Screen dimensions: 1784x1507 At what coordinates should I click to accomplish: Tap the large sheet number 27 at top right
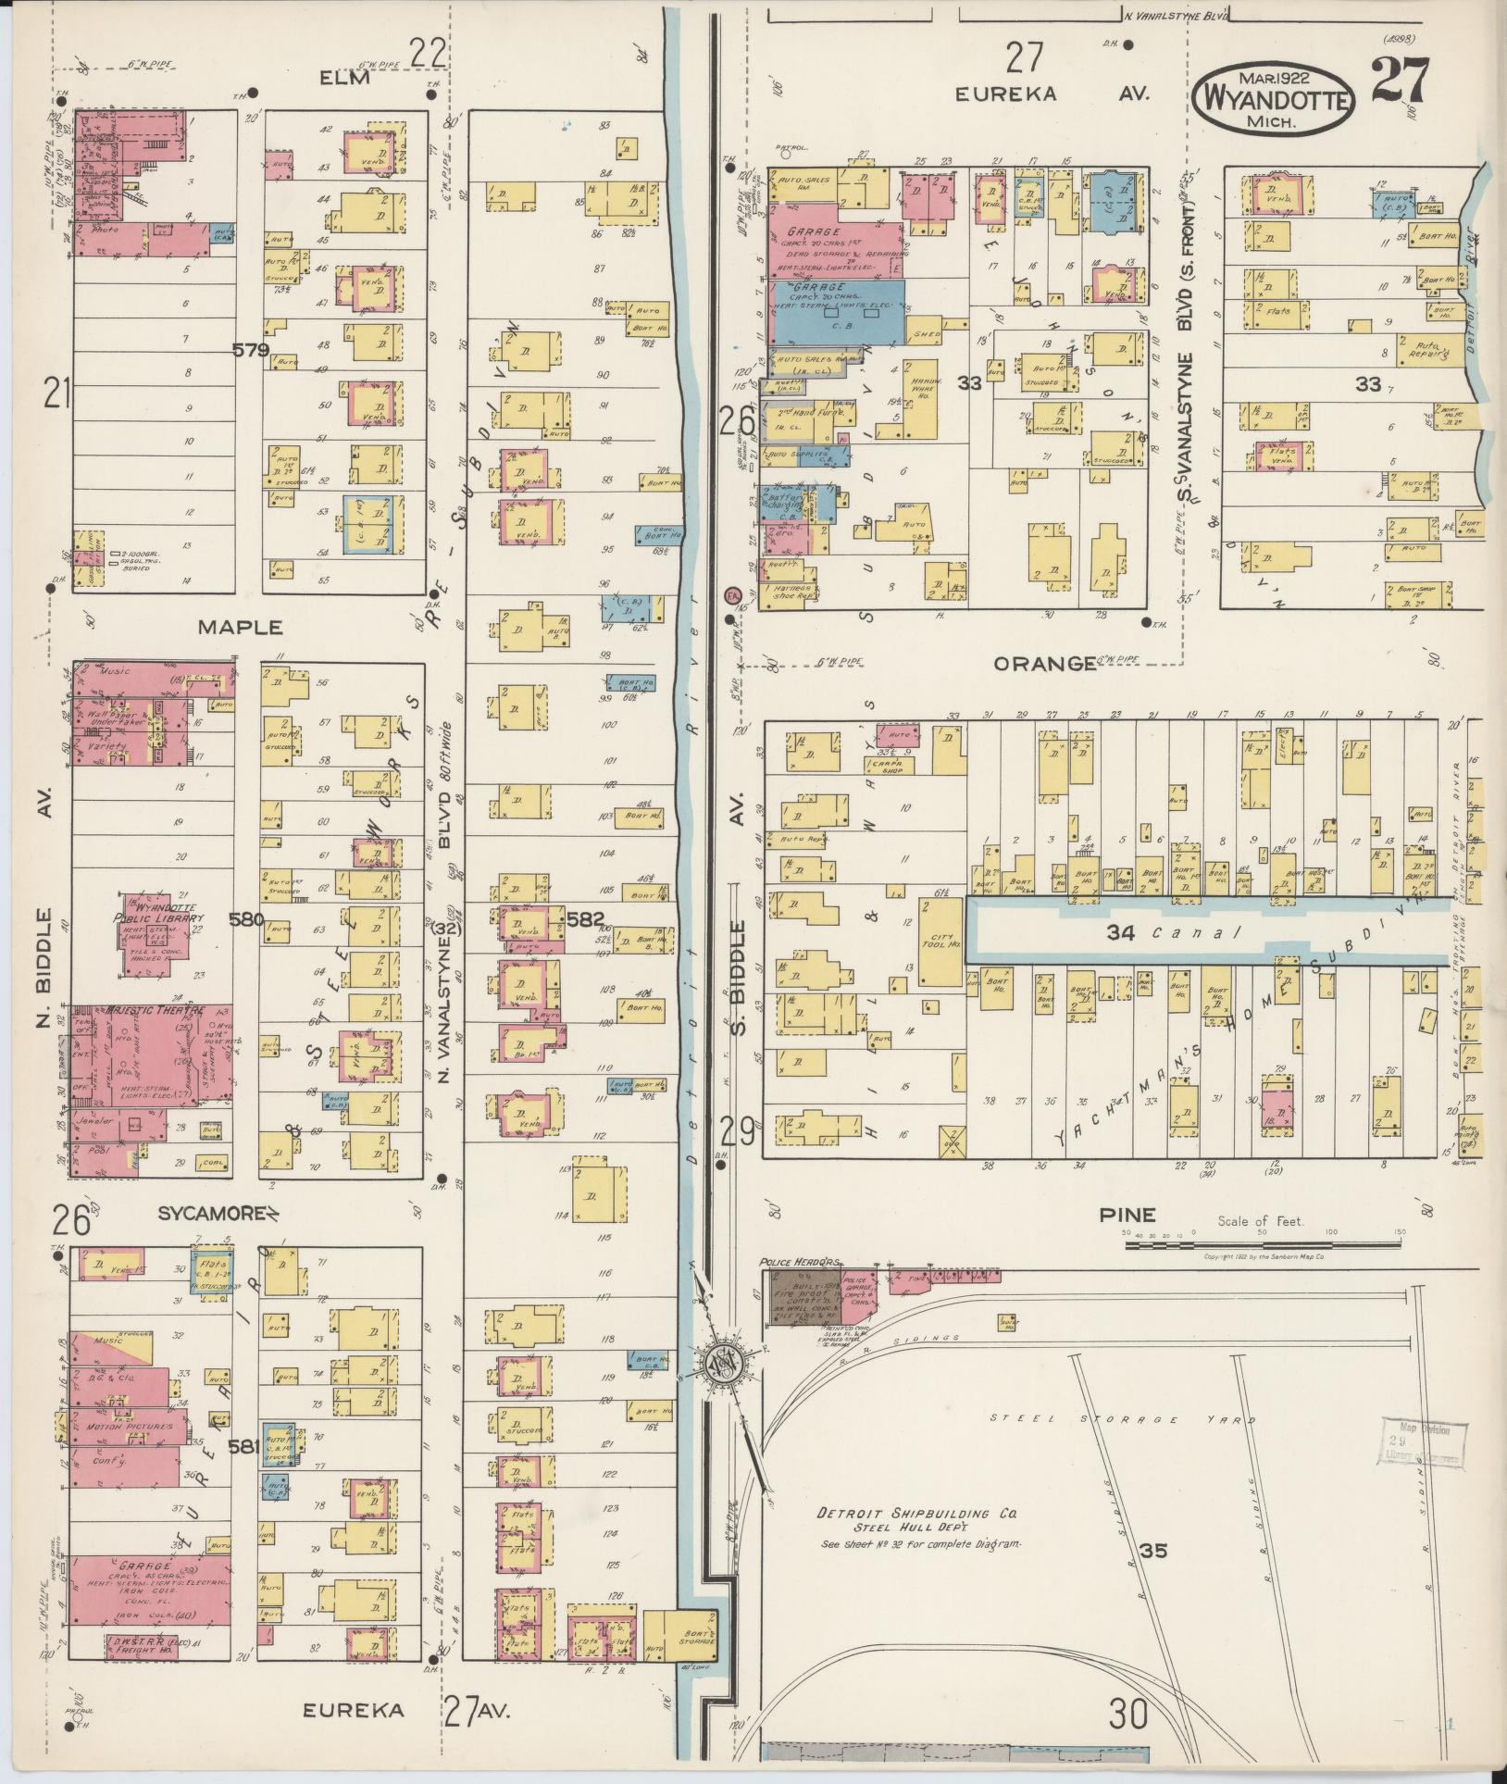[x=1401, y=81]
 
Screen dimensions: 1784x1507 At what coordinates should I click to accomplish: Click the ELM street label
[x=344, y=78]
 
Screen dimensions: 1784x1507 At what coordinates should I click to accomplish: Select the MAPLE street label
[x=241, y=627]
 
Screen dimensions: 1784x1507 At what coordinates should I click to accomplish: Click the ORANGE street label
[x=1043, y=663]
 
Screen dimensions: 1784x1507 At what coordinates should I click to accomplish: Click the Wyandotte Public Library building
[x=157, y=935]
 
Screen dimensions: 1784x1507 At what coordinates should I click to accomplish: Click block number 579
[x=251, y=350]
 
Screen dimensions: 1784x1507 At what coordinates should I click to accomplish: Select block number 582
[x=585, y=920]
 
